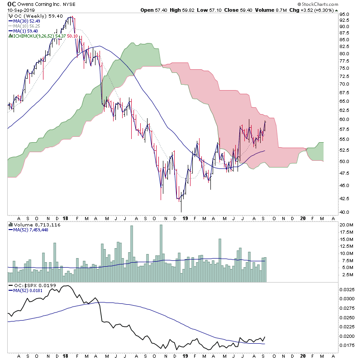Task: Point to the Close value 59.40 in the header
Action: coord(270,10)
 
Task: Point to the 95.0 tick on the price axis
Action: coord(345,14)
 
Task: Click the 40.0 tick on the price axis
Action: coord(345,212)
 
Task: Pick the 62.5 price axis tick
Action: coord(345,110)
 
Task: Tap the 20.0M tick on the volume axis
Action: coord(347,225)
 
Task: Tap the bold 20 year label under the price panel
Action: coord(303,218)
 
